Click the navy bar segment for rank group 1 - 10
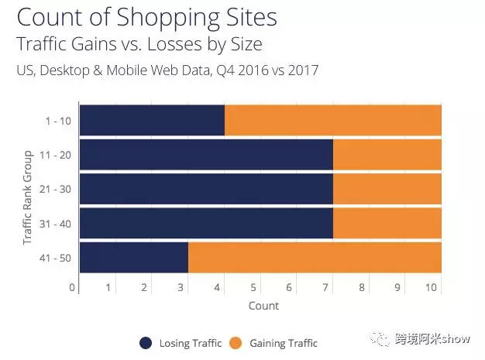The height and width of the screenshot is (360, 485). click(x=152, y=119)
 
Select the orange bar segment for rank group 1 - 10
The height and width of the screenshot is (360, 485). click(x=333, y=119)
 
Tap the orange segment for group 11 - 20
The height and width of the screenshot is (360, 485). click(x=387, y=154)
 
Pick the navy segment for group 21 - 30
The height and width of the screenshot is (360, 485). click(x=206, y=188)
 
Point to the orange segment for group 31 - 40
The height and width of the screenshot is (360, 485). click(x=387, y=223)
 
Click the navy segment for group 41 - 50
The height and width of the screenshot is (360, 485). click(x=133, y=258)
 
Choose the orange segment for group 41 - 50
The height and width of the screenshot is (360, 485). click(x=315, y=258)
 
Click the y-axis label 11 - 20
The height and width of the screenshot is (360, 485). click(x=54, y=155)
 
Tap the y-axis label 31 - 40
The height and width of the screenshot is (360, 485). click(x=54, y=224)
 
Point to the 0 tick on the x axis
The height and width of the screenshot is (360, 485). click(x=72, y=288)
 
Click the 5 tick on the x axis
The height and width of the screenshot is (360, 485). click(x=253, y=288)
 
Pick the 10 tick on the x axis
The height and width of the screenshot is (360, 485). click(x=432, y=288)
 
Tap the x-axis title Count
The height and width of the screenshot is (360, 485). click(x=263, y=306)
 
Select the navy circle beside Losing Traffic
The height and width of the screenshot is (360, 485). click(x=146, y=343)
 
